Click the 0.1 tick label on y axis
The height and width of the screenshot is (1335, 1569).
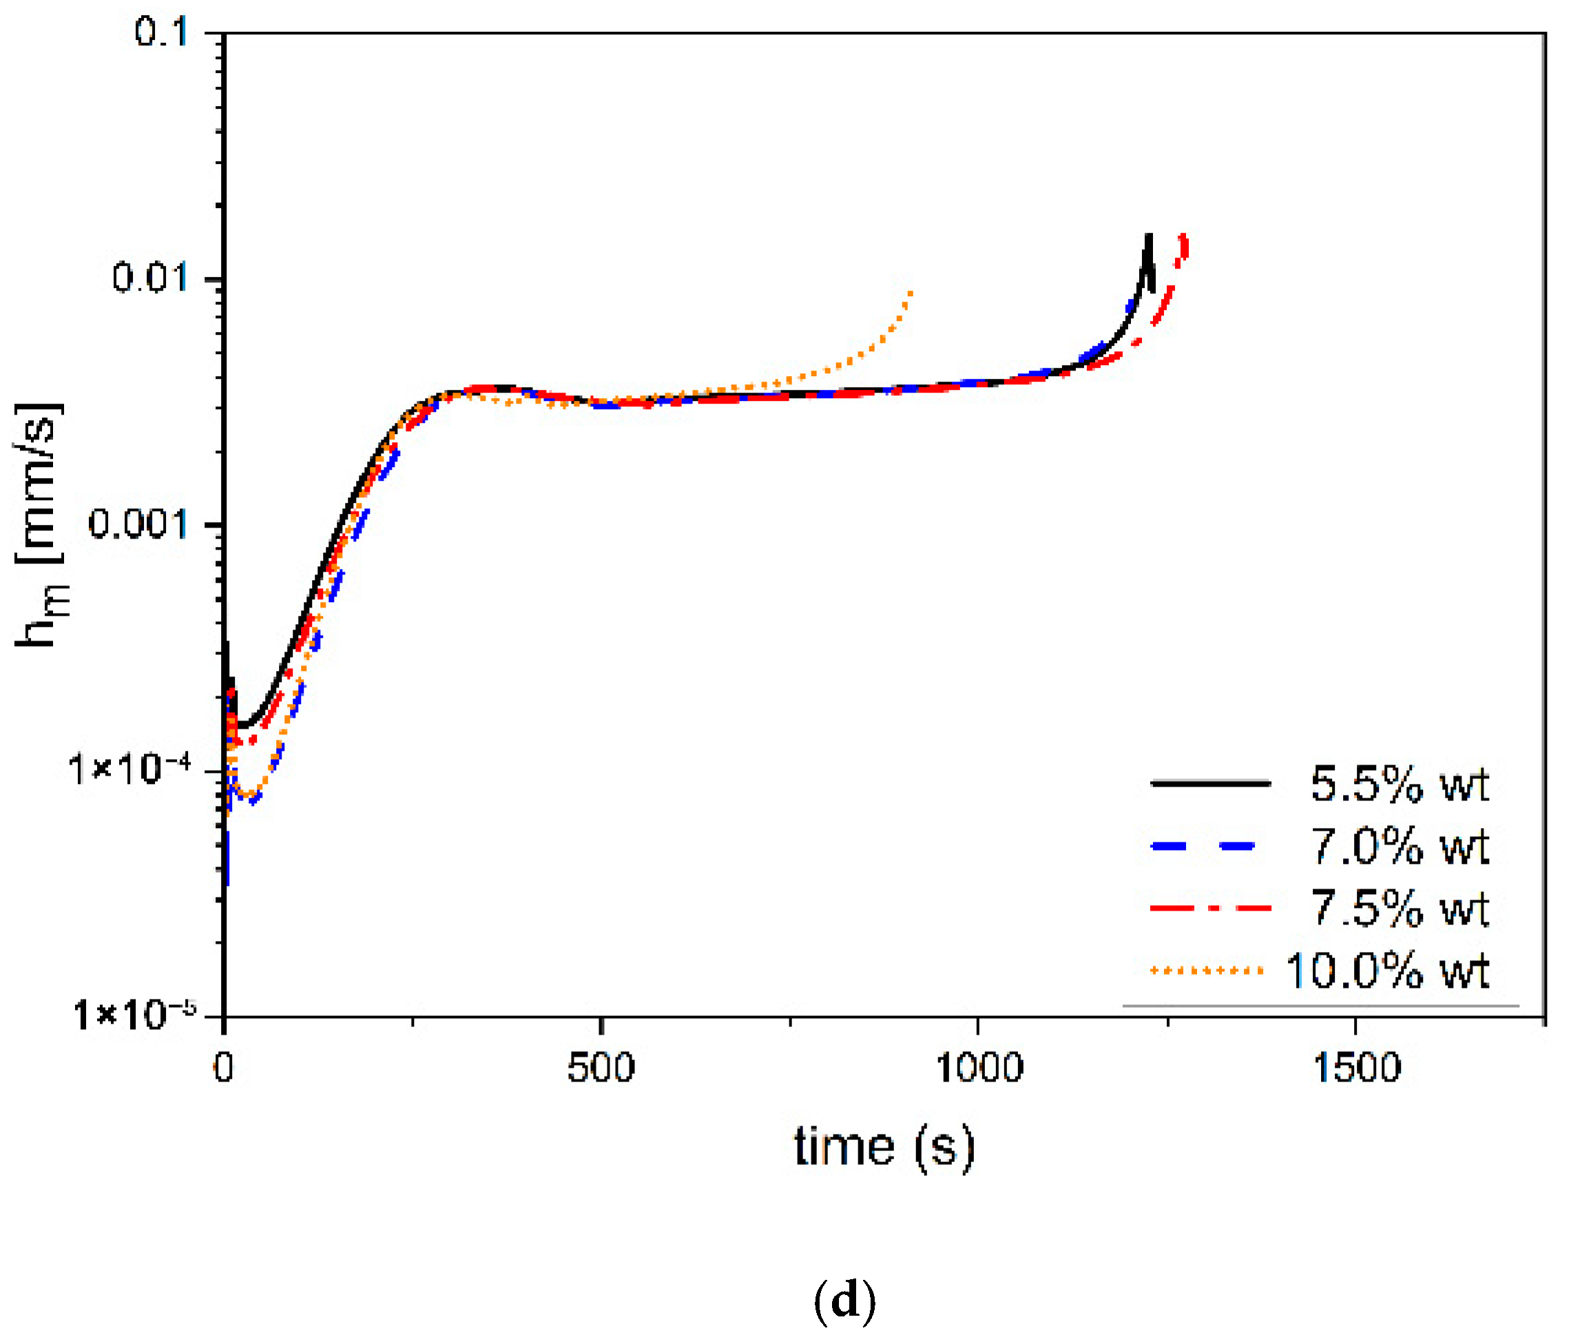point(160,33)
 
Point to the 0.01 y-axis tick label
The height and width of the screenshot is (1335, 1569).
point(149,278)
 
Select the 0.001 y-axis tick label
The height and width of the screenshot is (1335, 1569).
point(138,524)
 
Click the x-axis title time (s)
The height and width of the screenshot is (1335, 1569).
point(884,1148)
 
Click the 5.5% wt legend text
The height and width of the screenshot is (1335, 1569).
point(1399,784)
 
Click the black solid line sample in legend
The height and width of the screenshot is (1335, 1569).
point(1209,783)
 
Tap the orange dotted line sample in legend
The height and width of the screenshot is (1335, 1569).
point(1206,970)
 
